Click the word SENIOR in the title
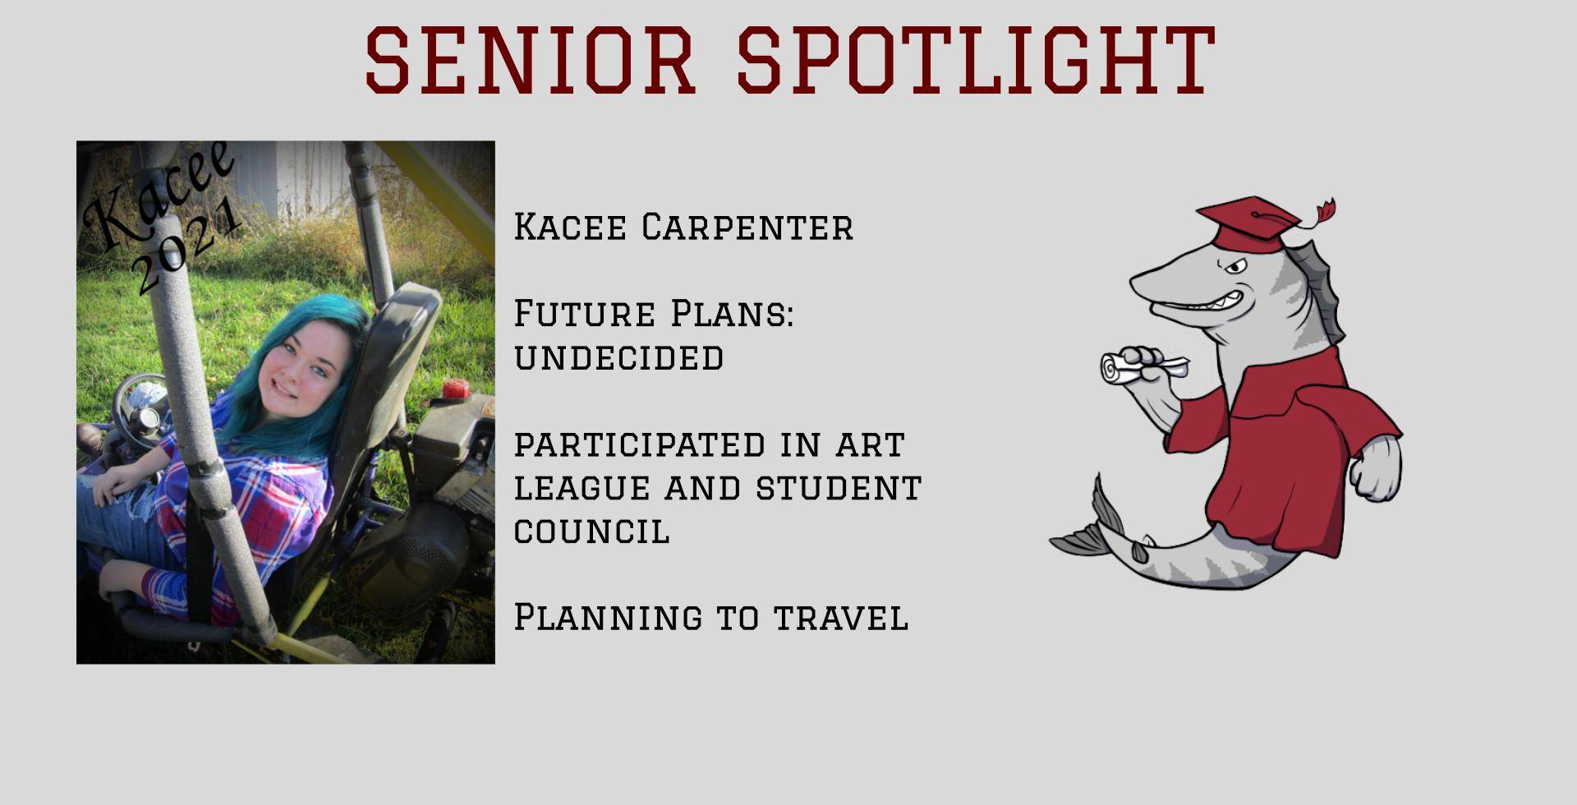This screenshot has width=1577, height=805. pyautogui.click(x=531, y=59)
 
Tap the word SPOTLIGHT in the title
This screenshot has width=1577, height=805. pyautogui.click(x=976, y=59)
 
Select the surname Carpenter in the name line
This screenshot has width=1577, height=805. pyautogui.click(x=747, y=227)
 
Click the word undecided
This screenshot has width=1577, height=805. pyautogui.click(x=618, y=357)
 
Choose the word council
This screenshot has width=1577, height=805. pyautogui.click(x=591, y=531)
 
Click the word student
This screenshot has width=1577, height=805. pyautogui.click(x=839, y=488)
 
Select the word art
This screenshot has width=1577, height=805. pyautogui.click(x=870, y=444)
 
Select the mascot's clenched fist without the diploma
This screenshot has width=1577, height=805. pyautogui.click(x=1376, y=468)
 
